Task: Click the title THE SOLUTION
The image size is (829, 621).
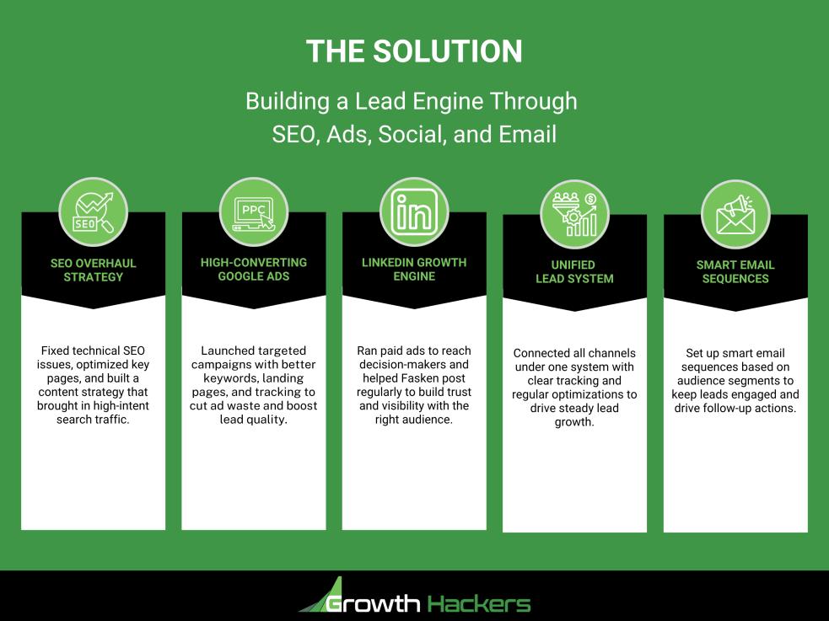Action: click(x=413, y=51)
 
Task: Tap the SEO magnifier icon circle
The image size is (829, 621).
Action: click(x=93, y=211)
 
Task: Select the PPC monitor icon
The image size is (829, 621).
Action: click(x=253, y=211)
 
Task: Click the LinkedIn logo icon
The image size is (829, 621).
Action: click(x=414, y=211)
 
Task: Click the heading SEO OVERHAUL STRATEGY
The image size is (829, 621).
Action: click(x=93, y=270)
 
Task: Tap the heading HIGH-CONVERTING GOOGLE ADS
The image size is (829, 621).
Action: click(x=253, y=269)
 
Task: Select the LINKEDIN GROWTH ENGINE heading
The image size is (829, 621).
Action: click(x=414, y=269)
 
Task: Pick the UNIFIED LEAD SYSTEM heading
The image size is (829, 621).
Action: click(x=574, y=271)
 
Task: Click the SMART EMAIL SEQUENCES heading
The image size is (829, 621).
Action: click(x=735, y=271)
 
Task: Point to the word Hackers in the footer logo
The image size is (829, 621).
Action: click(x=479, y=603)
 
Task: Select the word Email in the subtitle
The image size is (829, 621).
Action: click(x=529, y=134)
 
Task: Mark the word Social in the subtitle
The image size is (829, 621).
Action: click(x=411, y=134)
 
